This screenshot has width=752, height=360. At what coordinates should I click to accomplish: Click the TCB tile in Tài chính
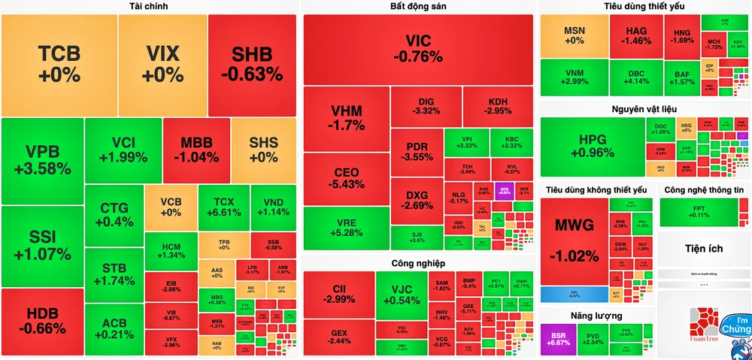tap(59, 64)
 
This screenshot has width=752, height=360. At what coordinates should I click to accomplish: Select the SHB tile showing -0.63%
tap(252, 64)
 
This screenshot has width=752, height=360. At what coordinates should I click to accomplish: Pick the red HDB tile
tap(42, 321)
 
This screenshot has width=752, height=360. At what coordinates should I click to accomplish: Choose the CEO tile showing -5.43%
tap(346, 179)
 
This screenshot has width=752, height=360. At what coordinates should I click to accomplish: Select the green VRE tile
tap(346, 228)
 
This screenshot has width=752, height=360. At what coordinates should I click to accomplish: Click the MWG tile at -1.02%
tap(574, 241)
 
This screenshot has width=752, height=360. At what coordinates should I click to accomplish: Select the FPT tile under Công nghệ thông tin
tap(702, 211)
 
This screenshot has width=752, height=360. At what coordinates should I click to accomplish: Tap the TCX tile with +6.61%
tap(223, 207)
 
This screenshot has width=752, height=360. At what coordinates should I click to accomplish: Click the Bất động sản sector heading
tap(418, 6)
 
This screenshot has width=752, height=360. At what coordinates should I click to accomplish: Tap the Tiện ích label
tap(703, 248)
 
